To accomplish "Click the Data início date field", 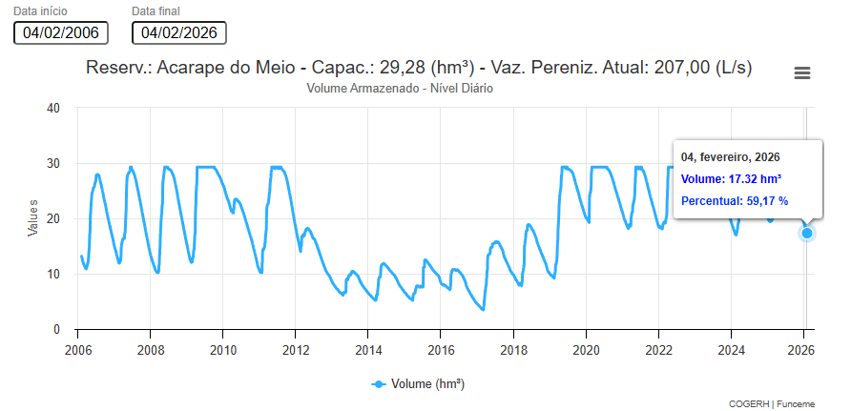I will click(61, 32).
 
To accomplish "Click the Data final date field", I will click(179, 32).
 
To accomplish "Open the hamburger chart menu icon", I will click(802, 73).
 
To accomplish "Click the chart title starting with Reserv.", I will click(419, 68).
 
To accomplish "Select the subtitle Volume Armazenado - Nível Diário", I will click(400, 88).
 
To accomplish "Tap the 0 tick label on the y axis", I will click(57, 330).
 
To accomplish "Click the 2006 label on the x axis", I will click(77, 349).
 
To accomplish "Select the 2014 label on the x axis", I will click(368, 349).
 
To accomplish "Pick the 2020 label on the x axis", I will click(586, 349).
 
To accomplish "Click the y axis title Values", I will click(32, 218).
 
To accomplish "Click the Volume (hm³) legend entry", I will click(418, 383).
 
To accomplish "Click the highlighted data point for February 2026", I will click(807, 234).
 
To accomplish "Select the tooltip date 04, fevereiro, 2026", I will click(731, 156).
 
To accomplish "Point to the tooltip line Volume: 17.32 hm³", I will click(732, 178).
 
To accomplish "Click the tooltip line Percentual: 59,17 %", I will click(735, 200).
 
